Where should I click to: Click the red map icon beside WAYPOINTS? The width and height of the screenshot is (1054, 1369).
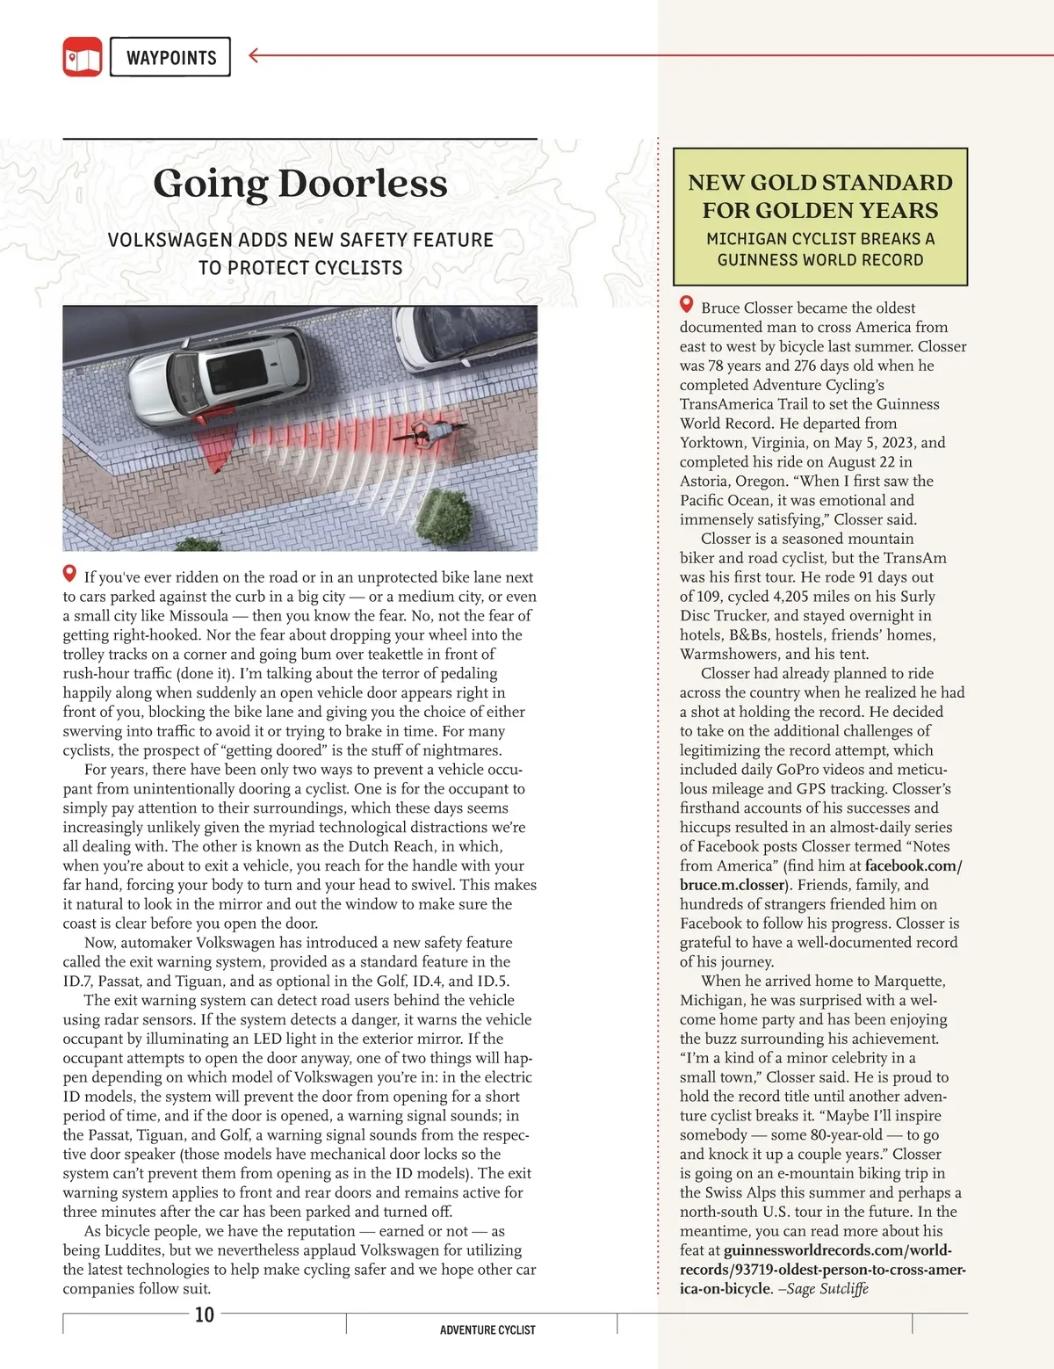coord(83,56)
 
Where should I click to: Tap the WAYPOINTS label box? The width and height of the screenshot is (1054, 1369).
coord(170,57)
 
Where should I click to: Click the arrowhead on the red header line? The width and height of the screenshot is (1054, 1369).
coord(254,56)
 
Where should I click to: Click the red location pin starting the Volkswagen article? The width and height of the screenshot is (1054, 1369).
coord(70,575)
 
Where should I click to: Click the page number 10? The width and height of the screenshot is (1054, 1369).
coord(204,1315)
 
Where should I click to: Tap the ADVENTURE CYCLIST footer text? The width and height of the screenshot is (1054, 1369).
coord(487,1330)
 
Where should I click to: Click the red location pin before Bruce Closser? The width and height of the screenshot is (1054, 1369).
coord(687,305)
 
